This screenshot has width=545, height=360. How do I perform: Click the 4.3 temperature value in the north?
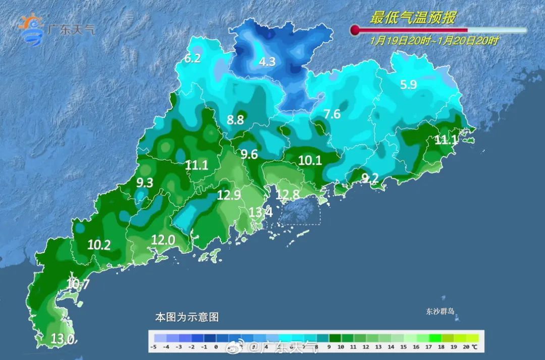point(267,62)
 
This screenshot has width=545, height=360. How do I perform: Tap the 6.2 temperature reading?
point(193,59)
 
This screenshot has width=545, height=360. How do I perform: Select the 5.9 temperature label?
point(408,85)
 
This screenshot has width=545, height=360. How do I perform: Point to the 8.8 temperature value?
point(235,120)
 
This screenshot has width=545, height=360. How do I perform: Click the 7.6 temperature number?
point(332,114)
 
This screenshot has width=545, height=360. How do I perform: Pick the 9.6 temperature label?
point(249,155)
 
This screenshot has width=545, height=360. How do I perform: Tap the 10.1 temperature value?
point(310,161)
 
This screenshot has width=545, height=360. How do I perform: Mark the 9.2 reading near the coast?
point(370,178)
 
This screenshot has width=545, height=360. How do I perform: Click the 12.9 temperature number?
point(229,195)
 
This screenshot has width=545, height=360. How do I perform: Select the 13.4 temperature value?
point(260,213)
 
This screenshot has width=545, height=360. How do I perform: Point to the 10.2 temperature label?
point(99,245)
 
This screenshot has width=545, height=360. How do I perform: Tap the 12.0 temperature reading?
point(163,241)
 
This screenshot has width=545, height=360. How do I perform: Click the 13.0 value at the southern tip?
point(63,339)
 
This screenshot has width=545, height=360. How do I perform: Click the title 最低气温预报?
point(413,18)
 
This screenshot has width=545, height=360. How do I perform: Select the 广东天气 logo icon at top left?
point(31,30)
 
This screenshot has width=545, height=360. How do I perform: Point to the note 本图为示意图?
point(187,318)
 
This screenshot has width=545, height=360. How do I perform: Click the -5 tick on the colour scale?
point(153,347)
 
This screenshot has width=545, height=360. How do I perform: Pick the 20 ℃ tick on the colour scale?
point(469,347)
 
